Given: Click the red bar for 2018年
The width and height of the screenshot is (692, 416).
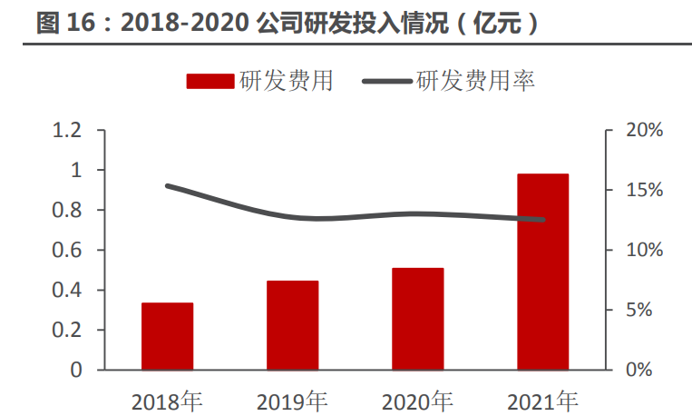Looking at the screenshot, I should (167, 336).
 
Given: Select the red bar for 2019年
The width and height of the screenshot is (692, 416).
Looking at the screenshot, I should (292, 325).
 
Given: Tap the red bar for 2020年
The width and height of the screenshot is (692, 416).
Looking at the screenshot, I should (417, 319).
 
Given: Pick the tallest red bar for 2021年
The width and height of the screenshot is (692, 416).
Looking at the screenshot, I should (542, 272).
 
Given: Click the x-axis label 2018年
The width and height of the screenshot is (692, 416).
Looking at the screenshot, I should (167, 400).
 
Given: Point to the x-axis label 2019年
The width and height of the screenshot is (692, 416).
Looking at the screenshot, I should (292, 400).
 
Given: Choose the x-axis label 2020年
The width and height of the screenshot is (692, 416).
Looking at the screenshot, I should (417, 400).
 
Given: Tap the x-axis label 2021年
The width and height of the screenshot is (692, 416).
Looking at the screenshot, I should (542, 400).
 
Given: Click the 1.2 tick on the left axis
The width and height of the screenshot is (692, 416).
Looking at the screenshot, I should (67, 131).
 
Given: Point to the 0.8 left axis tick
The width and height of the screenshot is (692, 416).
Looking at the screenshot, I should (67, 211).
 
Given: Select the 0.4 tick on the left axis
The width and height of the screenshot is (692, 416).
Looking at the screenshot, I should (67, 291).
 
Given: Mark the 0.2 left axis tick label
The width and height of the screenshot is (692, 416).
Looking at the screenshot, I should (67, 331).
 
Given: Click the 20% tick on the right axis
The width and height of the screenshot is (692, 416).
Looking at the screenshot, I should (645, 131).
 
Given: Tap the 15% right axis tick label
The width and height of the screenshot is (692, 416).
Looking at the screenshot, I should (645, 191).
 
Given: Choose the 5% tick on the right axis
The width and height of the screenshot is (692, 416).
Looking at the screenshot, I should (649, 311).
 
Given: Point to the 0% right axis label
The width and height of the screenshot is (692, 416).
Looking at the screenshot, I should (649, 371).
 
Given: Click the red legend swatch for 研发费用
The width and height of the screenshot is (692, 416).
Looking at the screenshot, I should (210, 82).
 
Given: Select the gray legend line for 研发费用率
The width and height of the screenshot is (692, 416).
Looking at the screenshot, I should (386, 82).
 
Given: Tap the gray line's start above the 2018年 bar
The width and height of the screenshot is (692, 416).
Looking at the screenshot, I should (167, 185).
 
